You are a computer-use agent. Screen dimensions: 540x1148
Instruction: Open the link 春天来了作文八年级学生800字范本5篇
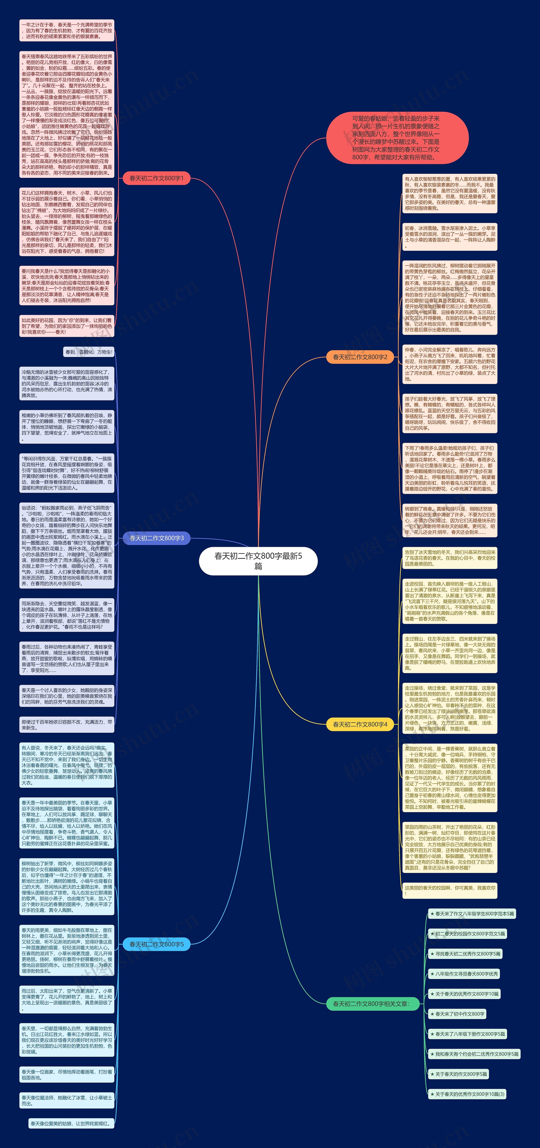click(472, 914)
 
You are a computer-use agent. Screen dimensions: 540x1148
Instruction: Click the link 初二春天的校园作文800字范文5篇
click(467, 934)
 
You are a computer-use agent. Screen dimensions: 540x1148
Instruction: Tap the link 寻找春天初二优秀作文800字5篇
click(465, 954)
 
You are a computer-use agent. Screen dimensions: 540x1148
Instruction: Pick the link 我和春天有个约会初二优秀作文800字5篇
click(474, 1054)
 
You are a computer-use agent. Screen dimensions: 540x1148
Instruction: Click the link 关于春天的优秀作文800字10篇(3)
click(467, 1094)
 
